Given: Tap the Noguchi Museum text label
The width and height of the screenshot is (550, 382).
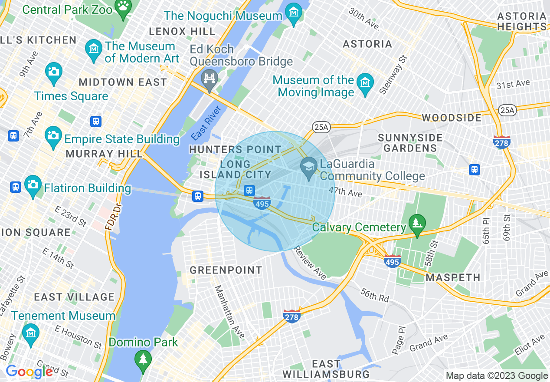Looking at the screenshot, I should (223, 16).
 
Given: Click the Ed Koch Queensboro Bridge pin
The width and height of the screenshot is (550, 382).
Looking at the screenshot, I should (210, 79).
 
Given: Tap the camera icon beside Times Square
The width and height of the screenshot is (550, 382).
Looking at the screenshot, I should (54, 71).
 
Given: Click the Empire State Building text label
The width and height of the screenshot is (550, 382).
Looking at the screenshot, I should (121, 139).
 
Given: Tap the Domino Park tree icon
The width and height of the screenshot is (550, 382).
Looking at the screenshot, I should (142, 359).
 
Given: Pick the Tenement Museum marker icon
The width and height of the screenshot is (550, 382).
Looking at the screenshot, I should (30, 333).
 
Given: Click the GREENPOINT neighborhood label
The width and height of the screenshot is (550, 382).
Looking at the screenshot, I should (226, 270).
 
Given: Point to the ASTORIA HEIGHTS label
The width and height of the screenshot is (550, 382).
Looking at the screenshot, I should (522, 21).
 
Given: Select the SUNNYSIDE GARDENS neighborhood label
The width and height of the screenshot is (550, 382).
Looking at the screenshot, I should (410, 143).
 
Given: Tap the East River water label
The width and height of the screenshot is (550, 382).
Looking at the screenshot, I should (206, 123).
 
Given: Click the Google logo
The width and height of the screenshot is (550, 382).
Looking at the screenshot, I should (29, 372).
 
